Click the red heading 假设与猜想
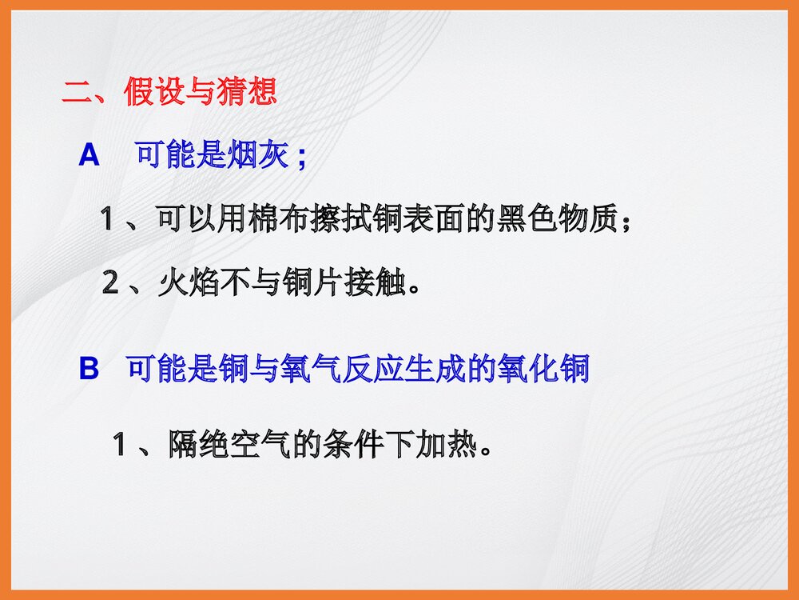[200, 92]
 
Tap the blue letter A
[89, 155]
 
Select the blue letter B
[89, 370]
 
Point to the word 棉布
[276, 218]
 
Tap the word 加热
[446, 443]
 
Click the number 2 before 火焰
[112, 284]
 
